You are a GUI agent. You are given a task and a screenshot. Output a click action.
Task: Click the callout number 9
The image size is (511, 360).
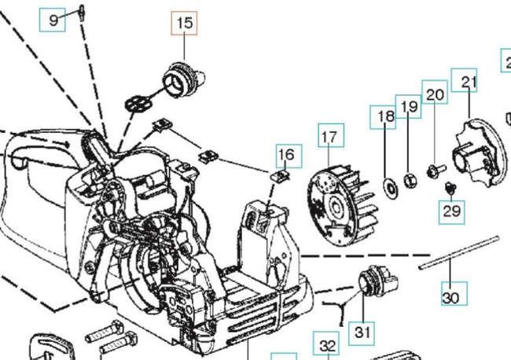(x=53, y=19)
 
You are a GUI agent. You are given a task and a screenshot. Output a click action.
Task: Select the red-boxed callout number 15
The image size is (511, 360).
(x=185, y=24)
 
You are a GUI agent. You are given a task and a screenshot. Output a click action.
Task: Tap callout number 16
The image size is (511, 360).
(x=286, y=155)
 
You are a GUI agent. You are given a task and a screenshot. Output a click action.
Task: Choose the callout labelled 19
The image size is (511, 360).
(x=408, y=106)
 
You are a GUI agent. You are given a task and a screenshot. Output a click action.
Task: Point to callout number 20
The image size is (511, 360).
(x=434, y=93)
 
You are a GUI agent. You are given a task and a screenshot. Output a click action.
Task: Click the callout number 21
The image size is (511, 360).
(x=469, y=82)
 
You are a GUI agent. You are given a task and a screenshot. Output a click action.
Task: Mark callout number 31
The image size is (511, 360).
(x=362, y=332)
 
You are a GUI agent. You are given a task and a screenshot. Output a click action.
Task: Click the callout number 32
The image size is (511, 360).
(x=328, y=344)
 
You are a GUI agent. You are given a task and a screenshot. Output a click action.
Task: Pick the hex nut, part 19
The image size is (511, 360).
(x=409, y=181)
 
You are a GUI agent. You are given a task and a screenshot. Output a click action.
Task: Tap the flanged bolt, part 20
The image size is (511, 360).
(x=434, y=168)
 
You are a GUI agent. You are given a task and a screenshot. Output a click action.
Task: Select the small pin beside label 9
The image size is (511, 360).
(x=81, y=10)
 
